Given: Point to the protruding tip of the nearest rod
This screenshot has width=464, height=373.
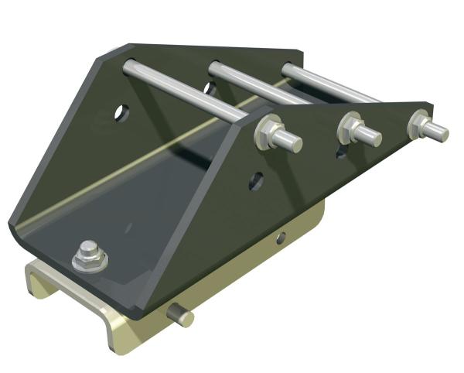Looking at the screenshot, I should (291, 142).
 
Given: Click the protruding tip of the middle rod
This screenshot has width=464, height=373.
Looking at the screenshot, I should (370, 135).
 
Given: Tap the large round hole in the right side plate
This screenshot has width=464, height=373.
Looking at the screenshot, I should (256, 181).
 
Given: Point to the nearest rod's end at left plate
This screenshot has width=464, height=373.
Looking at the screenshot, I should (130, 67).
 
